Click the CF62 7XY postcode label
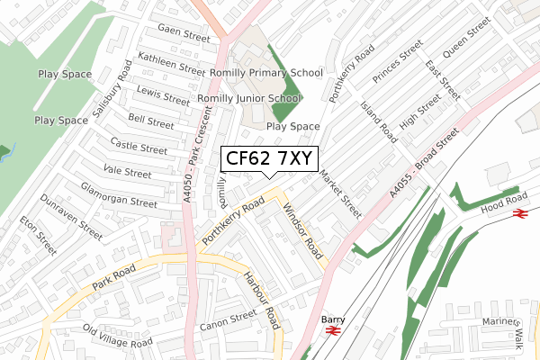pyautogui.click(x=267, y=159)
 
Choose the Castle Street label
pyautogui.click(x=138, y=145)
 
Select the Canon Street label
pyautogui.click(x=229, y=319)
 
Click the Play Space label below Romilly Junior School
pyautogui.click(x=292, y=127)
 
